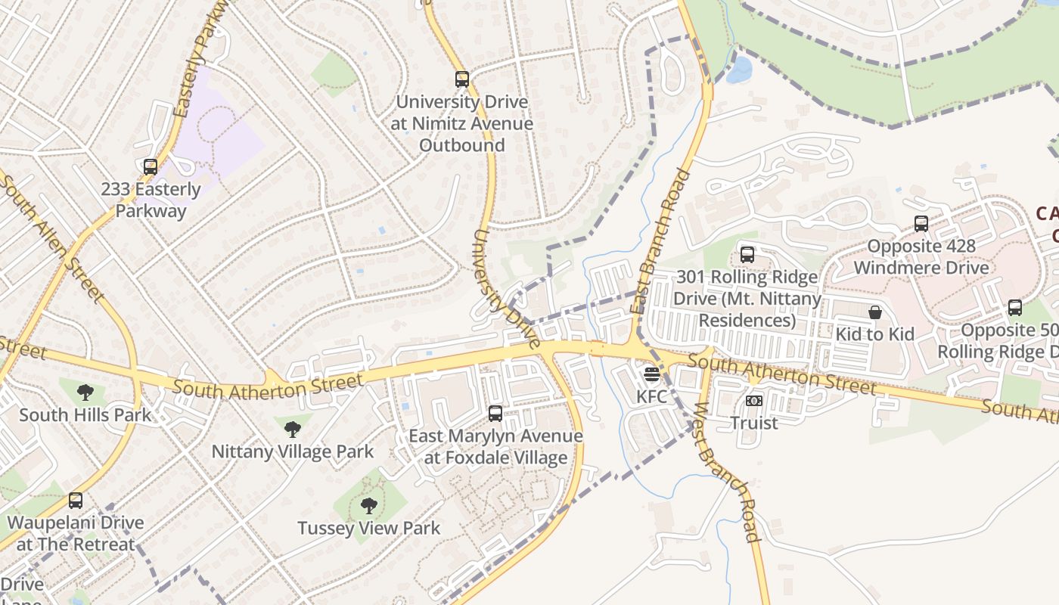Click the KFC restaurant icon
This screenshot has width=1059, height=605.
(651, 374)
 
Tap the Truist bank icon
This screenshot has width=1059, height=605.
(753, 401)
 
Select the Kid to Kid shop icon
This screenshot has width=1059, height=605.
(875, 312)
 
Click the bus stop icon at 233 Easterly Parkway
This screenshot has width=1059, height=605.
(151, 167)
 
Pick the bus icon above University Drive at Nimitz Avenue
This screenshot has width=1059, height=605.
(461, 79)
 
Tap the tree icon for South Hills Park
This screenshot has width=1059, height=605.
(85, 392)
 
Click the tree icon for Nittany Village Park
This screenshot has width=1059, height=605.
(292, 430)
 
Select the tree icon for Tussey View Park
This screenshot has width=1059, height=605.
(368, 506)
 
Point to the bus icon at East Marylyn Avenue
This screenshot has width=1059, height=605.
(495, 414)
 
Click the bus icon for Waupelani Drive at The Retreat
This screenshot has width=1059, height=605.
(76, 501)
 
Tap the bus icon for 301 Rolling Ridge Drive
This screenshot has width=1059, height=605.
(747, 255)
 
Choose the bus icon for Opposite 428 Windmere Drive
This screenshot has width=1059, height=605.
(921, 224)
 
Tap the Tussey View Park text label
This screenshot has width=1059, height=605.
(368, 528)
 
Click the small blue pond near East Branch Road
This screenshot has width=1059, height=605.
(738, 70)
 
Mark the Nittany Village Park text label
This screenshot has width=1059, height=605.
(292, 452)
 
